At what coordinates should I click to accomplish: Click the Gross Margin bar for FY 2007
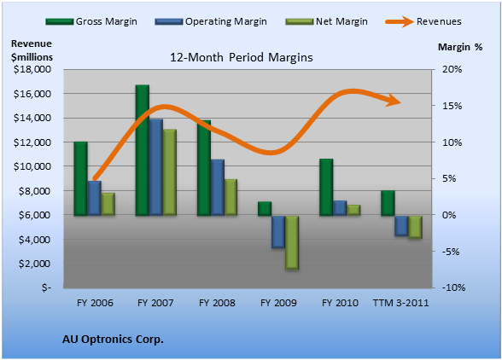pos(143,150)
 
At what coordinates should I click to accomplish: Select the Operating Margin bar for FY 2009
pos(278,232)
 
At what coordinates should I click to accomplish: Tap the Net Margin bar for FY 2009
pos(292,242)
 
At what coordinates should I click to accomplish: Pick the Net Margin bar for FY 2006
pos(108,204)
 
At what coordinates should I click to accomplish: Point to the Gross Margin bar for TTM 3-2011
pos(388,203)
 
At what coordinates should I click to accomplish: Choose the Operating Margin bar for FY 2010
pos(340,208)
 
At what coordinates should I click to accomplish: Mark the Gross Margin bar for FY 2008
pos(204,168)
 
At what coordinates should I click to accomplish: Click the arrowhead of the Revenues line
pos(394,101)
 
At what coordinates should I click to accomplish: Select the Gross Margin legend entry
pos(91,22)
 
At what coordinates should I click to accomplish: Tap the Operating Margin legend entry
pos(211,22)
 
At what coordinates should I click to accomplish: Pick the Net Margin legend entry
pos(326,22)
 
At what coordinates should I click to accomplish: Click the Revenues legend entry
pos(423,22)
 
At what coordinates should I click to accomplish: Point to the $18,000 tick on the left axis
pos(32,69)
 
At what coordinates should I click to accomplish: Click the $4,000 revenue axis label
pos(35,240)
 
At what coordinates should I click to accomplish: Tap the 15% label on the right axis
pos(452,106)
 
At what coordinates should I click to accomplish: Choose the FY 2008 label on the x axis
pos(217,303)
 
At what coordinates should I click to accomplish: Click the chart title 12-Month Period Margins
pos(242,58)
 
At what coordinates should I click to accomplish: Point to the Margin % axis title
pos(460,48)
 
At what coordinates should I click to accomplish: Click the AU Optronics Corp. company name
pos(113,340)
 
